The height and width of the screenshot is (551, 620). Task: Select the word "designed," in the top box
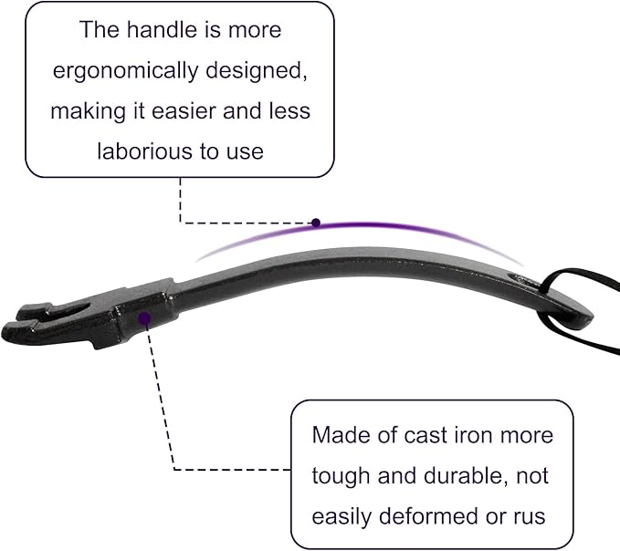(257, 71)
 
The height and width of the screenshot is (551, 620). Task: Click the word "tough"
(342, 476)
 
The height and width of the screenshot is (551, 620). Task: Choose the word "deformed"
(429, 515)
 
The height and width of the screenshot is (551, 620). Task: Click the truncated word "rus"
(530, 517)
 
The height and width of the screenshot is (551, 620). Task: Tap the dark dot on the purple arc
(316, 223)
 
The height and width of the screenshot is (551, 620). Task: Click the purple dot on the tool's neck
(144, 318)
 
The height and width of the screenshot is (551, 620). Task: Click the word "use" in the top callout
(245, 152)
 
